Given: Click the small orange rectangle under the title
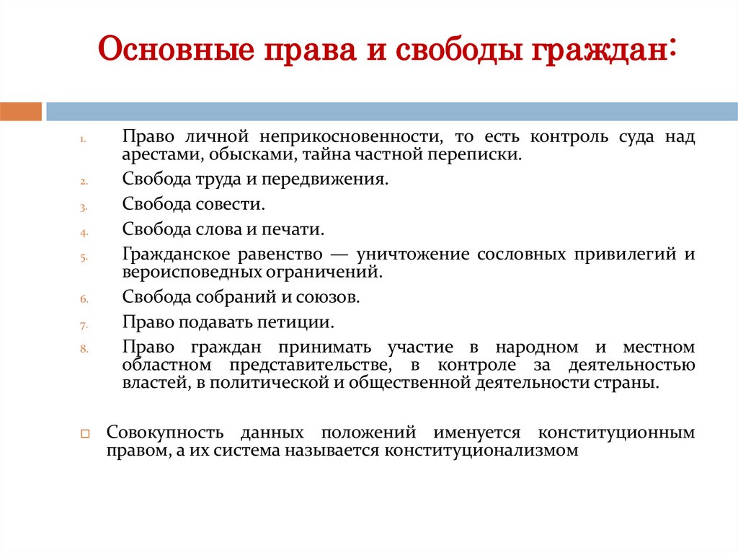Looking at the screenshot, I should pos(21,111).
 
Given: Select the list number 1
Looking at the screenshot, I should pos(83,139).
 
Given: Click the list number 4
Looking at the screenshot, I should pos(83,233).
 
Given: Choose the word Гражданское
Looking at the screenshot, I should pos(176,255).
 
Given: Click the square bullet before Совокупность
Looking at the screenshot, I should pos(84,435).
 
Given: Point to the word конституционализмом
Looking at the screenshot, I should pos(481,451).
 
